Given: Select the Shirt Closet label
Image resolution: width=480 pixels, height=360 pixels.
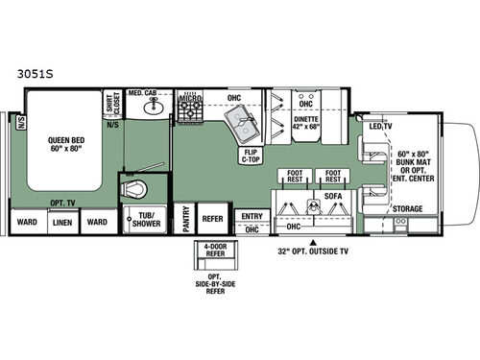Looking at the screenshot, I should pyautogui.click(x=111, y=104).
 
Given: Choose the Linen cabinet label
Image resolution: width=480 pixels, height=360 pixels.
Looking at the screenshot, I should pyautogui.click(x=61, y=223).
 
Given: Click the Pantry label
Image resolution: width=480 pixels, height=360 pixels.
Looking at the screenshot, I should pyautogui.click(x=183, y=222).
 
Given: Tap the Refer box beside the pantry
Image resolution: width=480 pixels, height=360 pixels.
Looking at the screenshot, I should pyautogui.click(x=212, y=218).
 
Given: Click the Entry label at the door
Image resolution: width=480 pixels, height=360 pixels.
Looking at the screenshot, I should pyautogui.click(x=252, y=216).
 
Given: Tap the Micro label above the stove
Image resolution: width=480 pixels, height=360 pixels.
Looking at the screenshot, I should pyautogui.click(x=188, y=97).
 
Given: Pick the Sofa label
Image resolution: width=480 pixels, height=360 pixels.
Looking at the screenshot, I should pyautogui.click(x=331, y=195).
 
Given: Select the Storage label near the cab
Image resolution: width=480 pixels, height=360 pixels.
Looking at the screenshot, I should pyautogui.click(x=408, y=207).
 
